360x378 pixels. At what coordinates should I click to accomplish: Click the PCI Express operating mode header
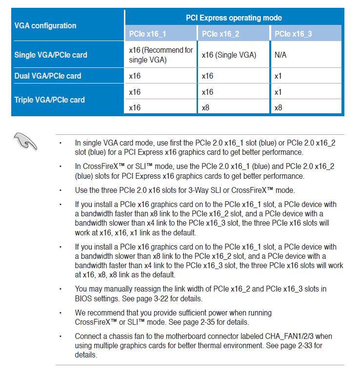click(x=234, y=18)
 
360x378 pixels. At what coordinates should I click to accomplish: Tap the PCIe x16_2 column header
click(x=220, y=34)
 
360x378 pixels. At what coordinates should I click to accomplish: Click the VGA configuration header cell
click(x=45, y=25)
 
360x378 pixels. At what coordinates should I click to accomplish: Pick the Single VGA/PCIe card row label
click(x=51, y=55)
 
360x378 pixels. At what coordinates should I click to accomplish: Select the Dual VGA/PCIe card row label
click(x=48, y=76)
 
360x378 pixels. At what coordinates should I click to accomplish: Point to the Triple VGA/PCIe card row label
click(x=50, y=100)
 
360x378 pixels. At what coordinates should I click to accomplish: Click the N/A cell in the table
click(x=280, y=55)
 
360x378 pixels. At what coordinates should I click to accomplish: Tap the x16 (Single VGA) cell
click(x=229, y=55)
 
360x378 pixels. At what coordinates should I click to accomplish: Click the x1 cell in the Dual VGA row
click(x=278, y=76)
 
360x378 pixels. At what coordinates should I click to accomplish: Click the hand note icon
click(x=25, y=141)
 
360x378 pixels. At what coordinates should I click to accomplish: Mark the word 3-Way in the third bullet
click(x=208, y=190)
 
